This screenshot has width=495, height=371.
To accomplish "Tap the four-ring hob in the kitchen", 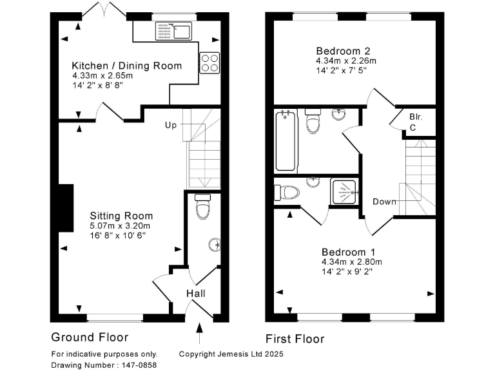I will coord(209,62).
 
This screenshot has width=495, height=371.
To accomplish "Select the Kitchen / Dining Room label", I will coord(126,66).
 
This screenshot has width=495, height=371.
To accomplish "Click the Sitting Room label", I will coord(121,216).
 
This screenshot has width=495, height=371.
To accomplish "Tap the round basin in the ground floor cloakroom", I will coord(215,244).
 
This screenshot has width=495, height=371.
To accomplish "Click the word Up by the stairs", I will coord(170,124).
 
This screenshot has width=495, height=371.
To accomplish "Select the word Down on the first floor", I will coord(384,202).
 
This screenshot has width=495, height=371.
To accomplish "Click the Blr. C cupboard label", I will coord(414,122).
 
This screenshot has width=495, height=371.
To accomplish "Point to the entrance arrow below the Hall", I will coord(199,334).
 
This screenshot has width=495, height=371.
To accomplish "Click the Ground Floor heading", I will coord(90,337).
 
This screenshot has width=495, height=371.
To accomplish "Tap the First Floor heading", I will coord(295,339).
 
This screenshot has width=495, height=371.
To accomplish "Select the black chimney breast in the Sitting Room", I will coord(65,207).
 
